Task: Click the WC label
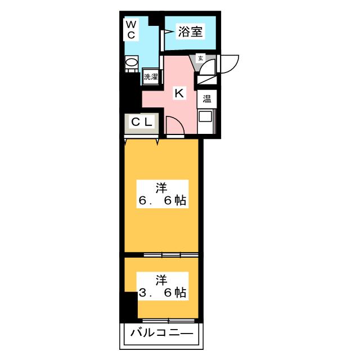(x=131, y=30)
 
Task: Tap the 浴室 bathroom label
(x=190, y=31)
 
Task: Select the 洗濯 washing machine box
(x=151, y=76)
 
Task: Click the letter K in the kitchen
(x=179, y=93)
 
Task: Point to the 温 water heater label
(x=206, y=99)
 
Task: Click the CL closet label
(x=142, y=122)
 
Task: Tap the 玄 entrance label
(x=200, y=58)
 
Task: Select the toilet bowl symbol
(x=132, y=63)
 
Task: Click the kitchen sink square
(x=204, y=116)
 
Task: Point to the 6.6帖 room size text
(x=162, y=201)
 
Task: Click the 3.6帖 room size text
(x=162, y=292)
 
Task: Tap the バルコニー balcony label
(x=161, y=332)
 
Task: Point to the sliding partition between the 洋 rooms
(x=171, y=255)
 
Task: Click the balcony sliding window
(x=168, y=321)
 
